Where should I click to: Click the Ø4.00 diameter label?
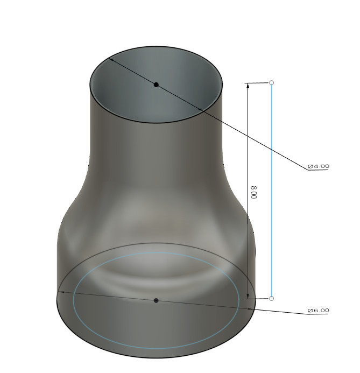pyautogui.click(x=319, y=166)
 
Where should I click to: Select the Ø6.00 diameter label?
pyautogui.click(x=319, y=311)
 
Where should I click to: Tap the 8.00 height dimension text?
pyautogui.click(x=254, y=192)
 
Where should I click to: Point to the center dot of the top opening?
pyautogui.click(x=156, y=85)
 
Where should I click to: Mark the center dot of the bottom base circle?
pyautogui.click(x=156, y=300)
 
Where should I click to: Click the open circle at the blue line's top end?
pyautogui.click(x=272, y=82)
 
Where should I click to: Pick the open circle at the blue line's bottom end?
pyautogui.click(x=272, y=299)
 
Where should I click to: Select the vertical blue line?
pyautogui.click(x=272, y=191)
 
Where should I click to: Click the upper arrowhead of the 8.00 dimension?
pyautogui.click(x=248, y=86)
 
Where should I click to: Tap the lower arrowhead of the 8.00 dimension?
pyautogui.click(x=248, y=296)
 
